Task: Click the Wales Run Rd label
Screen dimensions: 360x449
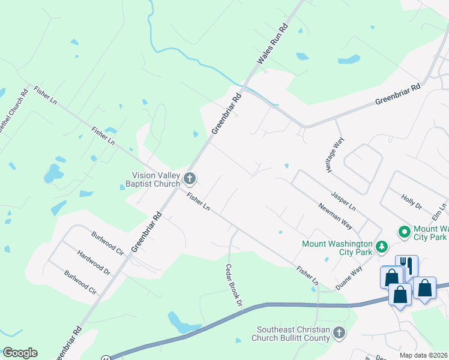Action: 273,46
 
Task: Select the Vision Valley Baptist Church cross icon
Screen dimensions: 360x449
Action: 190,178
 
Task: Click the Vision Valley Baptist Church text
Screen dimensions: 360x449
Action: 156,179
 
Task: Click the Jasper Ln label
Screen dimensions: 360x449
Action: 343,201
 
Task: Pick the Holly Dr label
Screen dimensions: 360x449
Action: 412,200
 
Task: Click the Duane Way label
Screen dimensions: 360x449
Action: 349,279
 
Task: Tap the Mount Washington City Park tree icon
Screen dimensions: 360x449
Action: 381,247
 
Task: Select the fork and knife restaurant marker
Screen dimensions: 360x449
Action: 406,265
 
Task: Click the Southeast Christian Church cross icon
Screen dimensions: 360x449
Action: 339,332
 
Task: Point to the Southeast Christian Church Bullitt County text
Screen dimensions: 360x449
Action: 293,334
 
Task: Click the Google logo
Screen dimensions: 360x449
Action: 20,353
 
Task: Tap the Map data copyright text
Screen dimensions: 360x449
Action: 424,355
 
